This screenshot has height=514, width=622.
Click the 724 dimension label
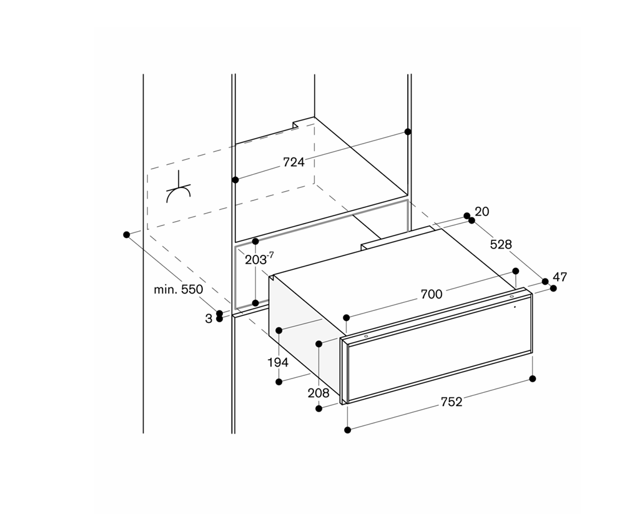point(294,162)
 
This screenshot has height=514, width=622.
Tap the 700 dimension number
point(431,294)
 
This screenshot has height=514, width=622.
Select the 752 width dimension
point(452,402)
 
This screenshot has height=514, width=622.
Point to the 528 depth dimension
point(501,245)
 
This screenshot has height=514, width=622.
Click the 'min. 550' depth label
point(179,290)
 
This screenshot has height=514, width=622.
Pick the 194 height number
point(278,362)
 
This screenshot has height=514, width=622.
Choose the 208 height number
point(318,393)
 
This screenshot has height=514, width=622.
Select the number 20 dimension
point(482,212)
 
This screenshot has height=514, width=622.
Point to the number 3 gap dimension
point(209,319)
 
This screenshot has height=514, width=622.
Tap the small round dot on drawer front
point(515,307)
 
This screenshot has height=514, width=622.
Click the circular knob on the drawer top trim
point(511,297)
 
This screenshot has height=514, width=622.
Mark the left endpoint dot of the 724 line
point(235,180)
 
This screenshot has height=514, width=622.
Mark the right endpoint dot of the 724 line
point(408,132)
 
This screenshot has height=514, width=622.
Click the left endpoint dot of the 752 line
point(347,430)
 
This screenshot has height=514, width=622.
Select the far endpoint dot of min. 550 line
point(127,235)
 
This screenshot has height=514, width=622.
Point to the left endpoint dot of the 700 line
point(347,317)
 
